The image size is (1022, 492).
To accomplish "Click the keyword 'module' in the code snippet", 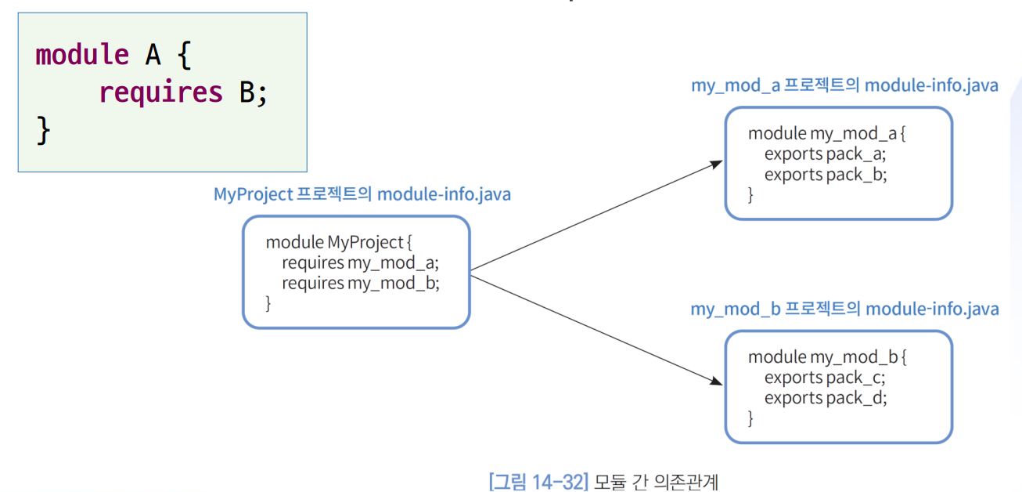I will (x=82, y=55).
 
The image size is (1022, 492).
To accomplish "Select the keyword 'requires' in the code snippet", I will (x=161, y=93).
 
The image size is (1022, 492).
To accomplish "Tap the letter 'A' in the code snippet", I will (x=153, y=55).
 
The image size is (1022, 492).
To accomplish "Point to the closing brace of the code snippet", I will (x=43, y=131).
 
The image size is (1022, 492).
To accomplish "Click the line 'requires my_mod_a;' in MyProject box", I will (x=360, y=262).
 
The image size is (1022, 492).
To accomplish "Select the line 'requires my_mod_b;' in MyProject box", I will (x=360, y=283).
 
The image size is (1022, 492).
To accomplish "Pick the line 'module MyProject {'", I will (x=339, y=242).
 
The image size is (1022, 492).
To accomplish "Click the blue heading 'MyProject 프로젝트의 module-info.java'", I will (x=362, y=194).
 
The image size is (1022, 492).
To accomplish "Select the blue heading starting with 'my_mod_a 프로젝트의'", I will (x=844, y=85).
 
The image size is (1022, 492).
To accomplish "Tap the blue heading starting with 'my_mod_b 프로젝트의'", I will (x=844, y=309).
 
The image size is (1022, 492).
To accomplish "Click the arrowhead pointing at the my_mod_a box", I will (x=717, y=164).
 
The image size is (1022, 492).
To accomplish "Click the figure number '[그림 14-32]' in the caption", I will (x=538, y=480).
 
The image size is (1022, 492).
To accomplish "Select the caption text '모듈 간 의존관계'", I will (x=656, y=480).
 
